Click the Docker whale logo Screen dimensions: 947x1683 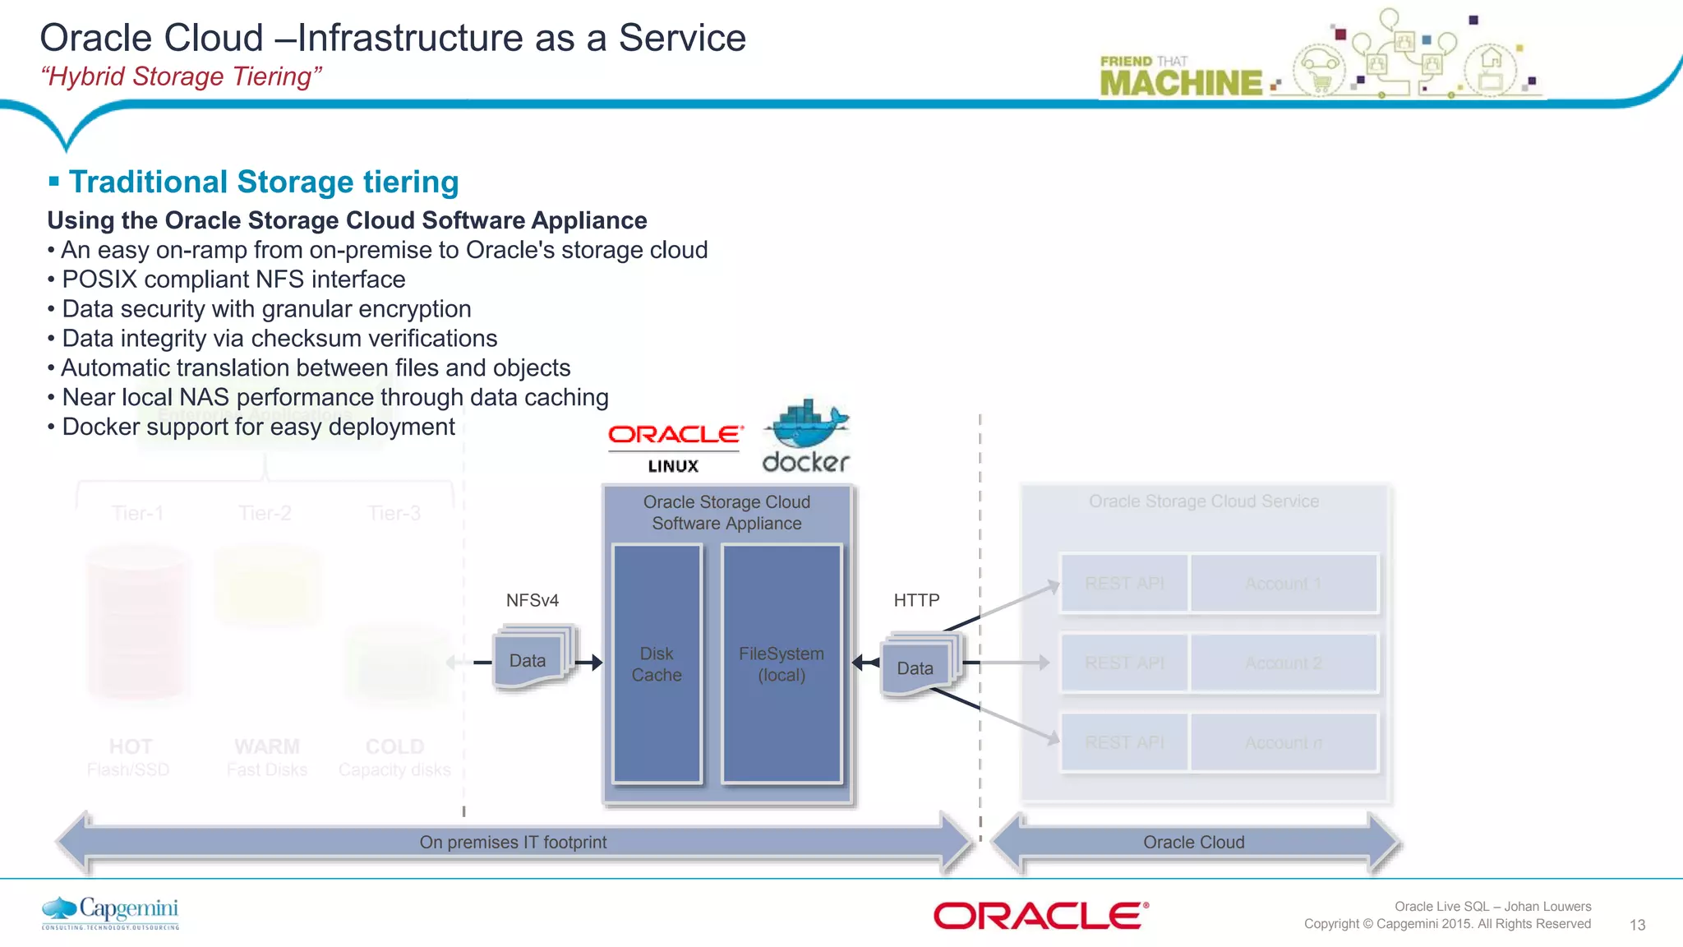806,437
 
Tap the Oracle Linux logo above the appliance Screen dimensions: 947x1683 675,447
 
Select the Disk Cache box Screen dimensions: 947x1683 657,663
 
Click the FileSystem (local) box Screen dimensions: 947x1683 782,663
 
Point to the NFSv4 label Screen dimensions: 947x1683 533,600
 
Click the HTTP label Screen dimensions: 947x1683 916,600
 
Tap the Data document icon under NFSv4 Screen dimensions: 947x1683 530,659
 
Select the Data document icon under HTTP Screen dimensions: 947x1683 917,667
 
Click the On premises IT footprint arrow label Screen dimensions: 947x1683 513,842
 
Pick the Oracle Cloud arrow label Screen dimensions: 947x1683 1193,842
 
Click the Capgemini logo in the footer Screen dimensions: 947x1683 111,912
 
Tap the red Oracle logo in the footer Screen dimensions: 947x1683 1040,915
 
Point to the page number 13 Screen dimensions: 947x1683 1637,925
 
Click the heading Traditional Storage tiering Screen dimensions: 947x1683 263,182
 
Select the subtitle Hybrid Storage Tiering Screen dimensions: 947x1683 182,76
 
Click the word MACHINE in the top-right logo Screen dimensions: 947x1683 1181,83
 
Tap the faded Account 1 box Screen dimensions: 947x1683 1283,584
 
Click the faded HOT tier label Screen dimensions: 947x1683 131,746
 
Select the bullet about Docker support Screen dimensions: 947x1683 258,427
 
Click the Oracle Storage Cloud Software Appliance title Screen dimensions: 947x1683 726,512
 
